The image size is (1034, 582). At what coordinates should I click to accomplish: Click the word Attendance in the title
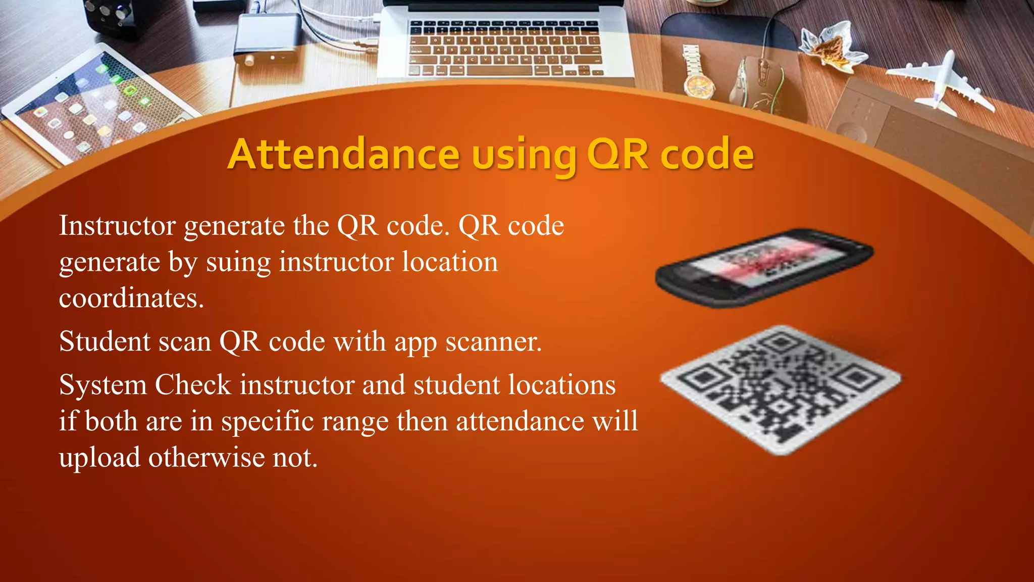click(343, 154)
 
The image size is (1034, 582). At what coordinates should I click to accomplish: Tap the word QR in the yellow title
click(617, 154)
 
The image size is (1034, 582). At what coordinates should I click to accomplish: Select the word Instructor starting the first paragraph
click(117, 225)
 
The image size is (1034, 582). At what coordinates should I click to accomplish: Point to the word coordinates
click(131, 298)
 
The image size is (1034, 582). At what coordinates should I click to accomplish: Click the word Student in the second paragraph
click(105, 342)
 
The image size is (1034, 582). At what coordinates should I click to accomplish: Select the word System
click(102, 385)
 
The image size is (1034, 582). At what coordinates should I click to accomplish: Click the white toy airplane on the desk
click(939, 81)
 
